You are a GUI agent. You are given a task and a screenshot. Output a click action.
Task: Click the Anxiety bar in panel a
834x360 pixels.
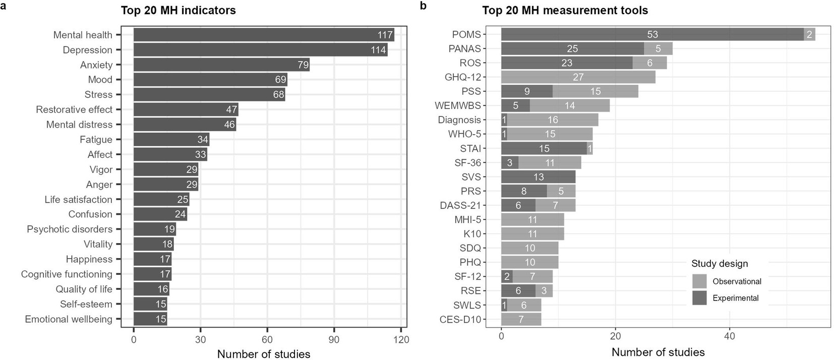(221, 65)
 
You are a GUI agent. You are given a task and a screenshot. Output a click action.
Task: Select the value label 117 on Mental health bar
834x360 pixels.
(385, 35)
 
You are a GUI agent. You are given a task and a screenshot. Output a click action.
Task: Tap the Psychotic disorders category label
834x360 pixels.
(70, 229)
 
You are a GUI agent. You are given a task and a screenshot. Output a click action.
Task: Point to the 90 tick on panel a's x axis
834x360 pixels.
(334, 340)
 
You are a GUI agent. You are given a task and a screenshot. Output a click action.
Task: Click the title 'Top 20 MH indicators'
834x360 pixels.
(178, 10)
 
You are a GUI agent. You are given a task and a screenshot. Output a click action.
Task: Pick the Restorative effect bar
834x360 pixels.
(186, 109)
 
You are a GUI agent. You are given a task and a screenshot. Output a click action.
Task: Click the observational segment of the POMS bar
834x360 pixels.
(809, 34)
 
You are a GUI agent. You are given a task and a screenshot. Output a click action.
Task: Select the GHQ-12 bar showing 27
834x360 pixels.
(578, 77)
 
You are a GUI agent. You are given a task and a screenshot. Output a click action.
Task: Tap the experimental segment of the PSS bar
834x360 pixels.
(526, 91)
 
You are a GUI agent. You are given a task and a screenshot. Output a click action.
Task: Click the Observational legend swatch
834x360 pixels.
(699, 281)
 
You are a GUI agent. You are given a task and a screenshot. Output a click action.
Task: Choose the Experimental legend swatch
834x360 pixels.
(699, 298)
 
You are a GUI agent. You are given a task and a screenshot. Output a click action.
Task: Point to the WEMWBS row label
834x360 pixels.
(458, 106)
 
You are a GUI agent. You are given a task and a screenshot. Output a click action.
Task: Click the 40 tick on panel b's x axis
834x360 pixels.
(729, 336)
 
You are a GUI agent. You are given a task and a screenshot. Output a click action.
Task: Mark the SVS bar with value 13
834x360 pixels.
(538, 177)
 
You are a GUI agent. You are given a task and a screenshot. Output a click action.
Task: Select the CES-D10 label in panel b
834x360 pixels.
(460, 320)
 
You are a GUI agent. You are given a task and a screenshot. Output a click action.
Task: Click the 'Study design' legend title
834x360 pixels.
(720, 264)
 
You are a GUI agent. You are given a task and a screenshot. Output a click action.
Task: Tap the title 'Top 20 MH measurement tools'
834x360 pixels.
(565, 10)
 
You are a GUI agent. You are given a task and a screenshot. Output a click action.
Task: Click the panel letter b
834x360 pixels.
(423, 6)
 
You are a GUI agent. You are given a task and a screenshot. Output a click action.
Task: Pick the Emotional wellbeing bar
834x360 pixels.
(150, 319)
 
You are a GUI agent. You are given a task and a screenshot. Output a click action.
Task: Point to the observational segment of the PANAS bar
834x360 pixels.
(658, 48)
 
